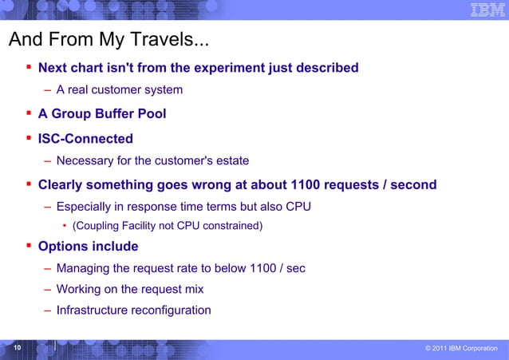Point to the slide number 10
pos(17,349)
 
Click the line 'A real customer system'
pos(119,89)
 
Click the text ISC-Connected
pos(85,139)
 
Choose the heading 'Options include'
pos(88,246)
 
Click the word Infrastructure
pos(95,310)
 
